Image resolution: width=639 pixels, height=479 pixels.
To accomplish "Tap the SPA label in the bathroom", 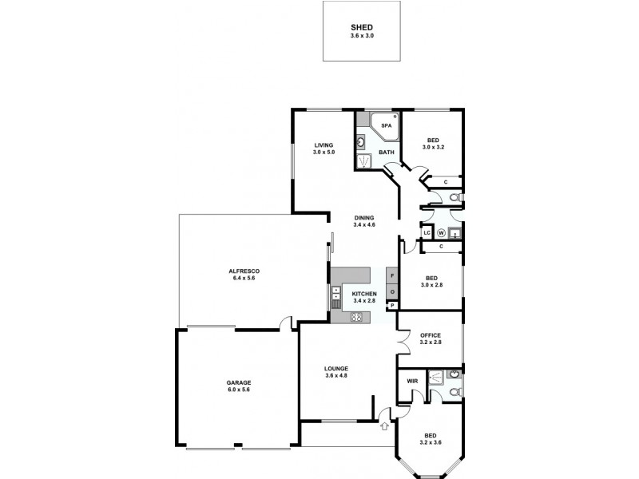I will tap(386, 125).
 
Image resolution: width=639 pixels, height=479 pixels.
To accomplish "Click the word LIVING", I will tap(323, 145).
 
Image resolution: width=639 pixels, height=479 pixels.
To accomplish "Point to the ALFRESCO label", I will tap(244, 271).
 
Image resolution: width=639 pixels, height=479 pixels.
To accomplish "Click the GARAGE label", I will tap(238, 382).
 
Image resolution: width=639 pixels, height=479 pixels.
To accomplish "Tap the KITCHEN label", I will tap(364, 294).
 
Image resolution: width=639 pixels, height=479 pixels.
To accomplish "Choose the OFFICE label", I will tap(431, 335).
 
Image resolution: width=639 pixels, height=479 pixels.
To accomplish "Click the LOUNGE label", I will tap(335, 368).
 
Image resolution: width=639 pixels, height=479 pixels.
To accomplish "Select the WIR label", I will tap(412, 382).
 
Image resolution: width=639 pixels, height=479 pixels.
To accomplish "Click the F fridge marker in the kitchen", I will tap(392, 276).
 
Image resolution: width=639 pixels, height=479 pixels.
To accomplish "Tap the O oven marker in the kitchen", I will tap(392, 292).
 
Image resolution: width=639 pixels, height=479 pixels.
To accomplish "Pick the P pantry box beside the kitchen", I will tap(392, 305).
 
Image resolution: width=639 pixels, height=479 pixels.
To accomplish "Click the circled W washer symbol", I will tap(440, 233).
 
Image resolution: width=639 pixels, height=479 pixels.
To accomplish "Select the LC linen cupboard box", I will tap(427, 233).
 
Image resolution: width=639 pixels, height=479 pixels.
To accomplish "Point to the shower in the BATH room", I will tap(365, 160).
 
